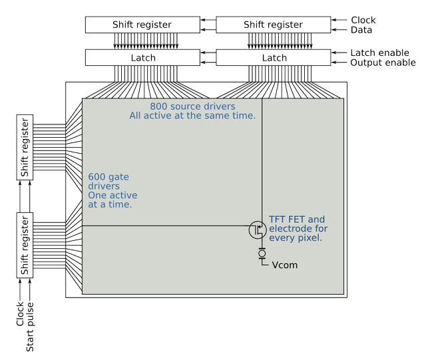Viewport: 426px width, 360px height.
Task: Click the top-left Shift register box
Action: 142,25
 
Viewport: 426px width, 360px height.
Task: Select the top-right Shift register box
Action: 274,25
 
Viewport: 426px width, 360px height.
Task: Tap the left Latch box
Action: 142,58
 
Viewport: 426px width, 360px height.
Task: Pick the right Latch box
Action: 274,58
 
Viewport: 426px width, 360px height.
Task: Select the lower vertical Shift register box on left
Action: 25,245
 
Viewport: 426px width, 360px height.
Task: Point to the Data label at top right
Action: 361,30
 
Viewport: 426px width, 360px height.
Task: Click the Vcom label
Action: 285,265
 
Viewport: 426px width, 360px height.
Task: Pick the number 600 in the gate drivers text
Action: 97,177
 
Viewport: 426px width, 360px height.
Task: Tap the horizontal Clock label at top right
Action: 363,20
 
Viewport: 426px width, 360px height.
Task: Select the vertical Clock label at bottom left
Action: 19,313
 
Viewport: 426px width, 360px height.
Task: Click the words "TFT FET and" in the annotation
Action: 297,219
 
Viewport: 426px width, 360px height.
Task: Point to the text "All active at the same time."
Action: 192,116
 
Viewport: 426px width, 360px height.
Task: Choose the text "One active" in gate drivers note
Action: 112,195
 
